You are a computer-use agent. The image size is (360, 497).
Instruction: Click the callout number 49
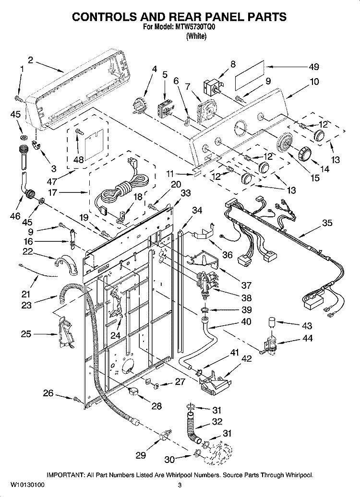(x=313, y=67)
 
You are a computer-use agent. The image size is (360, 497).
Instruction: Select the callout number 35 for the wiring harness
(x=327, y=223)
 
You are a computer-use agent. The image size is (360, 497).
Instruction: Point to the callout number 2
(x=31, y=59)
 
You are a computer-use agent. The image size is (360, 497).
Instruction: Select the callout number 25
(x=26, y=334)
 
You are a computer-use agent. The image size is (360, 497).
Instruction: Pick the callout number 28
(x=156, y=406)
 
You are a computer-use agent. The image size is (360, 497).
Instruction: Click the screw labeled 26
(x=76, y=399)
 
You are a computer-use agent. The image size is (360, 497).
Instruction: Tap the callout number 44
(x=307, y=338)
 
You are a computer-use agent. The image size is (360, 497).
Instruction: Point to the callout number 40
(x=246, y=321)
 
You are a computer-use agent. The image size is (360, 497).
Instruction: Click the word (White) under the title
(x=196, y=36)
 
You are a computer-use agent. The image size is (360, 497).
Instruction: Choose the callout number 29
(x=141, y=455)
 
